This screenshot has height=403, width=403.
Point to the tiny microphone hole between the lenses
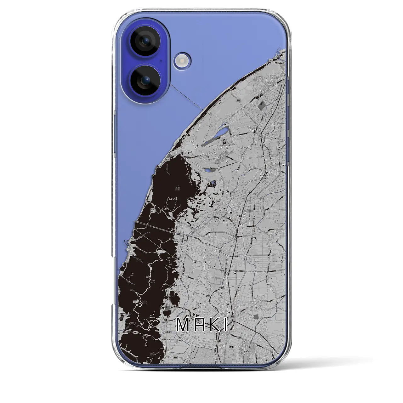point(161,61)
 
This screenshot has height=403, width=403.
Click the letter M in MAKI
point(183,326)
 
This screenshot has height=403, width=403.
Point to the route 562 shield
point(219,201)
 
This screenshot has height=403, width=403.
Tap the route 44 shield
point(263,156)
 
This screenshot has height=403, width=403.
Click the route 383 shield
point(277,284)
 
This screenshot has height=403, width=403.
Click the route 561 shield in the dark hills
point(135,302)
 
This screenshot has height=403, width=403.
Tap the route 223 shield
point(222,314)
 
